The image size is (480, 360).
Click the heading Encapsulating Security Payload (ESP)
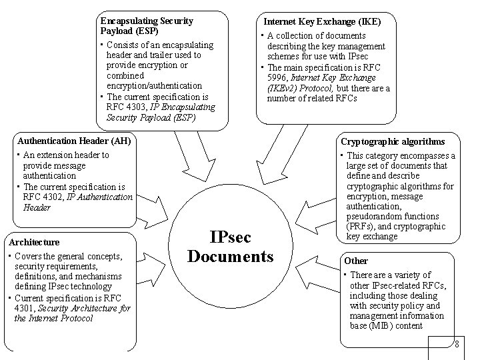tap(146, 25)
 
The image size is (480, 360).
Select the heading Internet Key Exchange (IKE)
tap(323, 21)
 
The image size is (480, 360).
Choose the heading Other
tap(355, 261)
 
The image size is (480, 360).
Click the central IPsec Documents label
tap(231, 247)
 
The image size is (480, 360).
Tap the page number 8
tap(456, 344)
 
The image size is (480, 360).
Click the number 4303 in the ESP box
tap(135, 106)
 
